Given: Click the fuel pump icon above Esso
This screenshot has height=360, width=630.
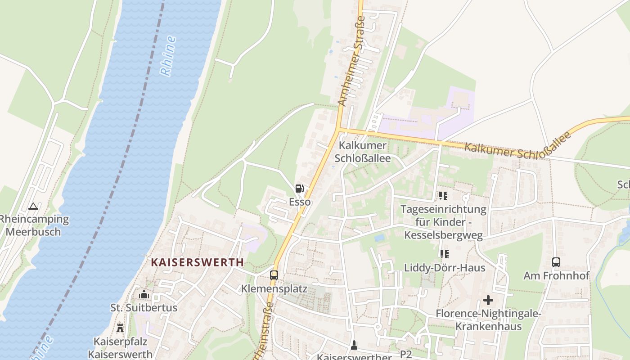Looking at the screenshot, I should coord(299,189).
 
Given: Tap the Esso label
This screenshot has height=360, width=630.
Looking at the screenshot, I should coord(300,202).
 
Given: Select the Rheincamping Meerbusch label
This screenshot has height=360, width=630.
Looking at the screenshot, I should coord(34,225).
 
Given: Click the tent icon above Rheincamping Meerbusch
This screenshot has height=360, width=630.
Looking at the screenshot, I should coord(33,207).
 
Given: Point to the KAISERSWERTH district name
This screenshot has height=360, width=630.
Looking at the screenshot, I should coord(198,262).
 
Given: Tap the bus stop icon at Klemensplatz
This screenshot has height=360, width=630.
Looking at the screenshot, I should coord(274,275).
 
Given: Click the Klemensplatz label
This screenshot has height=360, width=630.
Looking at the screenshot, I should coord(274,288).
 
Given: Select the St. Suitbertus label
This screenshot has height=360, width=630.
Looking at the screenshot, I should coord(144,308).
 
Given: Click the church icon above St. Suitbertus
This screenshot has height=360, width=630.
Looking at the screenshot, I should coord(144,295).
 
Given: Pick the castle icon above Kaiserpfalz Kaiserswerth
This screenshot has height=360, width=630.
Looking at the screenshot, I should coord(120,328).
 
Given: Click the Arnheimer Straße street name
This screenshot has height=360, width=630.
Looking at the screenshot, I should coord(351,61).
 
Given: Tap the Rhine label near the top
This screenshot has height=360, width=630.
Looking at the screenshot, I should coord(168,56).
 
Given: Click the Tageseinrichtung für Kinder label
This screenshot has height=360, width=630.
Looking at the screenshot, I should coord(443,222).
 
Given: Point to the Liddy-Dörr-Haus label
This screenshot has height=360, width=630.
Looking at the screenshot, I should coord(445,268).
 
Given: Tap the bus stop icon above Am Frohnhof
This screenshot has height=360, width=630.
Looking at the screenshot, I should coord(556,262).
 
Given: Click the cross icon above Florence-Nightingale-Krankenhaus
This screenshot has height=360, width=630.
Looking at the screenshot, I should coord(488,300).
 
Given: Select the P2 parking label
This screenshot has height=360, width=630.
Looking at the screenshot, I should coord(406,355).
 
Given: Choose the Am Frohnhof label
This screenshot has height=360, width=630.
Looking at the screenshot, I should coord(556,275).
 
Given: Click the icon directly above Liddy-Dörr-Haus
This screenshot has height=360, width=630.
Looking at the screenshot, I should coord(445,254).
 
